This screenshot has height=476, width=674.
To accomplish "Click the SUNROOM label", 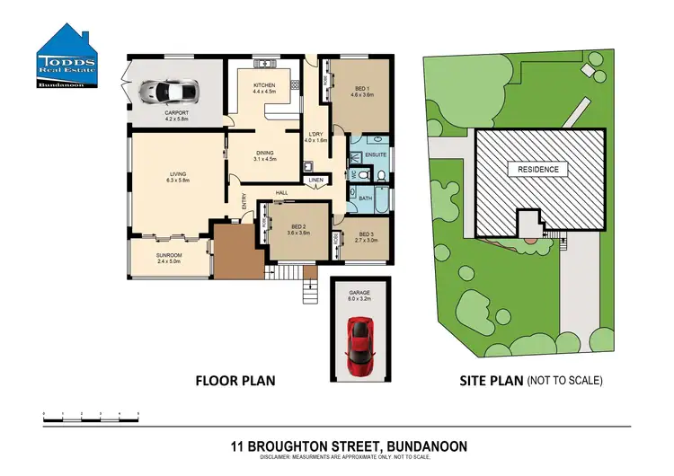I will coord(169,256).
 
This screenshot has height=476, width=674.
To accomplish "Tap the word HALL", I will coord(281,192).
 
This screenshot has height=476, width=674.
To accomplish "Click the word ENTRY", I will coord(244,205).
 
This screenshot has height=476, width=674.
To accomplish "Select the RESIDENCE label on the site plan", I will coord(537,168).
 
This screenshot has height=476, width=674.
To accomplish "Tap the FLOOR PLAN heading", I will coord(235,380).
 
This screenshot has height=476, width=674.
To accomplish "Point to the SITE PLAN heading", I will coord(484,380).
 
